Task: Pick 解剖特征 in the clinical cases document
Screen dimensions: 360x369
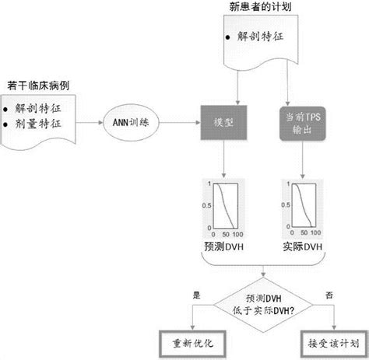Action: [37, 105]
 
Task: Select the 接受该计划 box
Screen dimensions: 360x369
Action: [333, 341]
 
